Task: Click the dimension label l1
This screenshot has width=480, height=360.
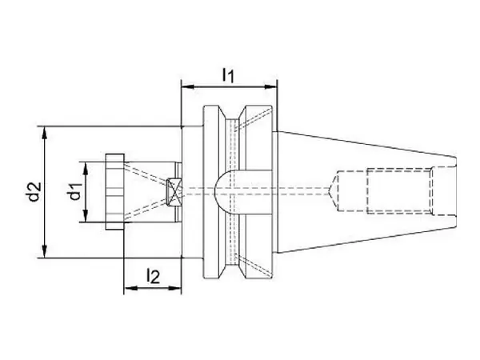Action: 228,75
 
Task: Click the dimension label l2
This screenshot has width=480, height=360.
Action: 153,276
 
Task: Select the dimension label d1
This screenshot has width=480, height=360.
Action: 76,191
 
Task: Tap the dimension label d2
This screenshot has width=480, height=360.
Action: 34,192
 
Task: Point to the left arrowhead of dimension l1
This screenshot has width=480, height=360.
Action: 188,87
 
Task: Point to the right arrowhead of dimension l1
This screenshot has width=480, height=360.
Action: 270,87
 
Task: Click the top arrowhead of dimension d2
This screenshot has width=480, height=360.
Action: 45,133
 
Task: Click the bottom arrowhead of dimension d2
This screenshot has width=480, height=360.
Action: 45,251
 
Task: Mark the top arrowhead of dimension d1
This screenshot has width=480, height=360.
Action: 86,168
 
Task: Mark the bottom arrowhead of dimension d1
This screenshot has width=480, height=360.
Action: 86,215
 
